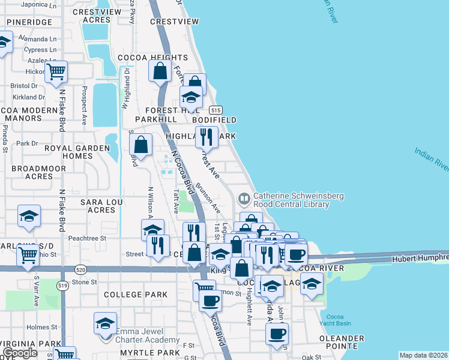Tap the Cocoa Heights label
pos(152,58)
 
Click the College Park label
pos(135,295)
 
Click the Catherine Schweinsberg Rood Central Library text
pos(291,200)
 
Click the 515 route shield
pos(216,110)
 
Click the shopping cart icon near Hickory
pos(56,72)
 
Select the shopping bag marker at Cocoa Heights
pos(160,71)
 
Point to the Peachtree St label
pos(87,238)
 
